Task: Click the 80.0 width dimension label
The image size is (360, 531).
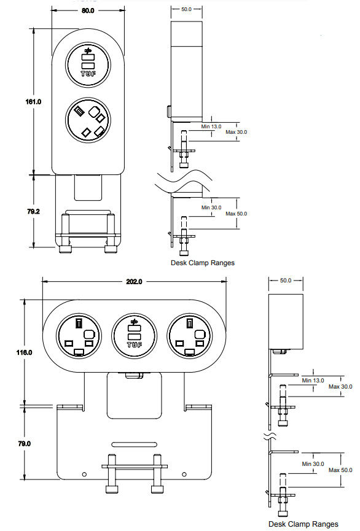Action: (88, 10)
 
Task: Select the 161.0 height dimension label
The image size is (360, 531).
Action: (33, 101)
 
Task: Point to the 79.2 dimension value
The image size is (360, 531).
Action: (33, 211)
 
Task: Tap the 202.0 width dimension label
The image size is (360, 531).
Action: (134, 282)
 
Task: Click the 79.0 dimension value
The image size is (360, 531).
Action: (24, 443)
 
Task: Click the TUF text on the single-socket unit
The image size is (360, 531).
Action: (88, 73)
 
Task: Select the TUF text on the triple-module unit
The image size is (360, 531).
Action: (134, 345)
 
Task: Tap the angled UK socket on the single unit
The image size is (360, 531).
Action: (88, 121)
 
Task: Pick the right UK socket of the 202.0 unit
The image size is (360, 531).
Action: (189, 336)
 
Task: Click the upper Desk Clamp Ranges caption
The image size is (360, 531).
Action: (202, 263)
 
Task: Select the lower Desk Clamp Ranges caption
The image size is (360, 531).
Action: (308, 524)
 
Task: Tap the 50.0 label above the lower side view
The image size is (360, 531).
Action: (286, 280)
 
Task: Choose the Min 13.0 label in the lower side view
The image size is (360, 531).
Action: (313, 381)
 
